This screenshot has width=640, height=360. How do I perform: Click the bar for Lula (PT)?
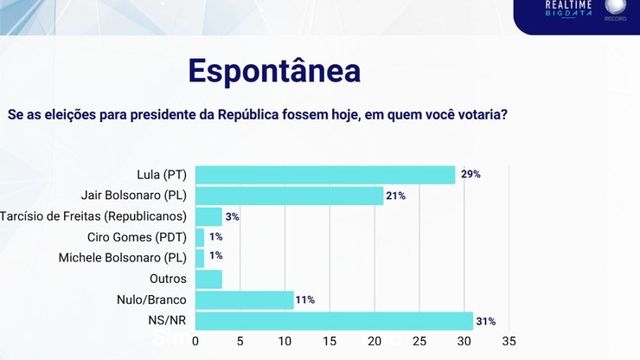click(x=325, y=175)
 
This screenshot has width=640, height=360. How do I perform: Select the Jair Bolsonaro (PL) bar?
click(x=290, y=196)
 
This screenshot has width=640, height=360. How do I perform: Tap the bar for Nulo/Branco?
click(x=245, y=300)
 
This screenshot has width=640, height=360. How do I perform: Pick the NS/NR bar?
click(x=334, y=321)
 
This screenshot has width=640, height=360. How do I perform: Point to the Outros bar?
click(x=208, y=280)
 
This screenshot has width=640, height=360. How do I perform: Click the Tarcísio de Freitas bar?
click(x=208, y=216)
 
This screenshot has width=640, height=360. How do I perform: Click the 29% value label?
click(x=470, y=175)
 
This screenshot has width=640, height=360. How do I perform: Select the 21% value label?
click(x=397, y=196)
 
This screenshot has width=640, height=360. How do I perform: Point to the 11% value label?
click(x=305, y=300)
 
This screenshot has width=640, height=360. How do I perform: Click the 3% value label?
click(x=232, y=216)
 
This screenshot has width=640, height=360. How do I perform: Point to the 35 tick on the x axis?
click(x=509, y=341)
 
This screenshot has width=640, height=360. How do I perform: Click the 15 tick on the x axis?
click(x=330, y=341)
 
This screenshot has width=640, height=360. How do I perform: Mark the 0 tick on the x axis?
click(x=195, y=341)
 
